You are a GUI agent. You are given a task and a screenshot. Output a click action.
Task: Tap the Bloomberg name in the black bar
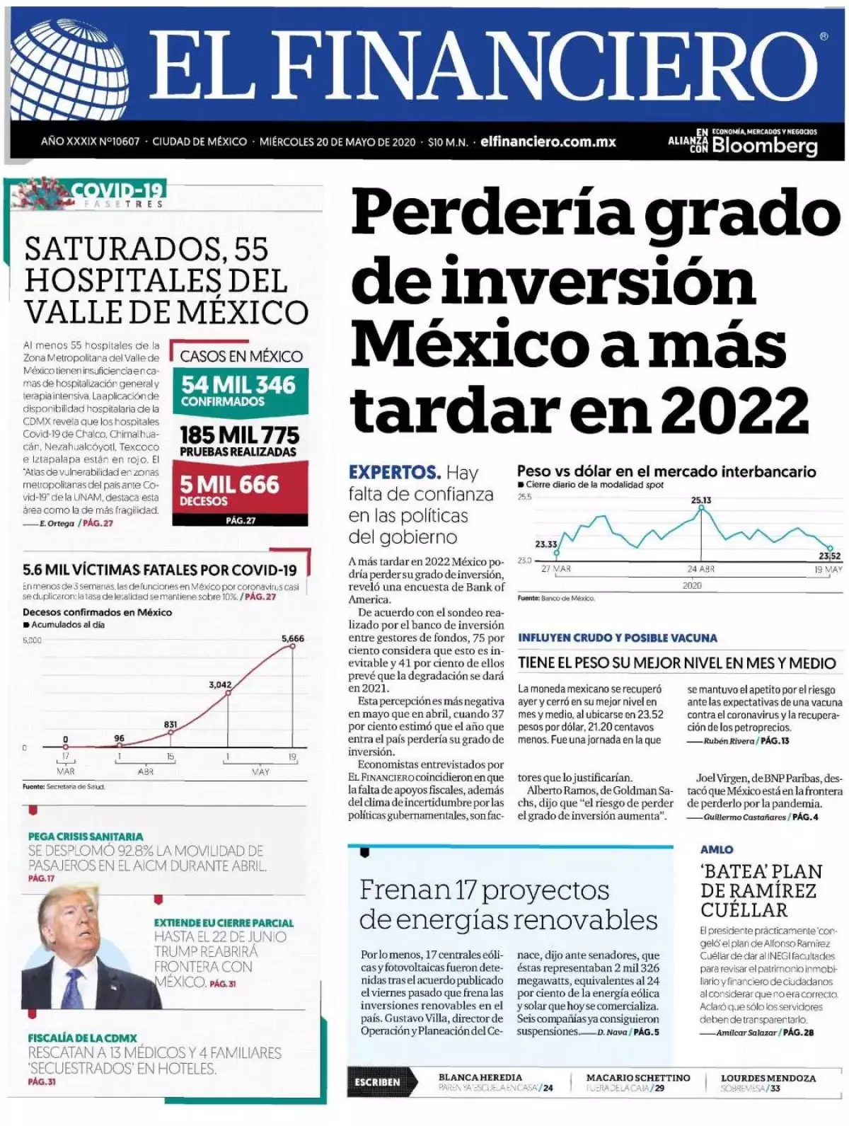tap(764, 146)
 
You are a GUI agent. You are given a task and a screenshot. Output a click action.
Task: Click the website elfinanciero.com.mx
tap(548, 142)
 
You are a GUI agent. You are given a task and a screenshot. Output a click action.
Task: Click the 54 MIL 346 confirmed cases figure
tap(238, 385)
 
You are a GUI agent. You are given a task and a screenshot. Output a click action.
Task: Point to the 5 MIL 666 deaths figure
tap(229, 485)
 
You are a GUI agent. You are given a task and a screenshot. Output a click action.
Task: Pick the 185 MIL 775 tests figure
tap(239, 435)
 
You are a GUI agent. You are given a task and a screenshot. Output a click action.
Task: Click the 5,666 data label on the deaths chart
tap(293, 638)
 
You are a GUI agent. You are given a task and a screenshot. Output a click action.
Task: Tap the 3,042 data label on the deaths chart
tap(220, 684)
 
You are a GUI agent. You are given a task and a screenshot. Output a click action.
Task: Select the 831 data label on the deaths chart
tap(171, 725)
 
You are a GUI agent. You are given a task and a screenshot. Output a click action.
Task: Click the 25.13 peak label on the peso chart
tap(701, 500)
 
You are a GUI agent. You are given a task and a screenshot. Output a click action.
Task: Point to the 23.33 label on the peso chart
tap(545, 544)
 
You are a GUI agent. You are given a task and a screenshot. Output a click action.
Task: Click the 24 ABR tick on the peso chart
tap(701, 569)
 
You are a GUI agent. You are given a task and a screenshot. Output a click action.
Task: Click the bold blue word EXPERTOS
tap(394, 472)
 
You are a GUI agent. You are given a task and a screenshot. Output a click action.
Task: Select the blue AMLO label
tap(717, 849)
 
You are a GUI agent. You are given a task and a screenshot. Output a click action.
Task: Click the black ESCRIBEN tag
tap(377, 1082)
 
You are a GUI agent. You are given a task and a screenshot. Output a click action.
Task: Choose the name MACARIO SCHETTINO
tap(637, 1077)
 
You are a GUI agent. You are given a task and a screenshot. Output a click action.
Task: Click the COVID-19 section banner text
tap(117, 190)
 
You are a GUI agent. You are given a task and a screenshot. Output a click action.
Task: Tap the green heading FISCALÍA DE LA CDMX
tap(82, 1038)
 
